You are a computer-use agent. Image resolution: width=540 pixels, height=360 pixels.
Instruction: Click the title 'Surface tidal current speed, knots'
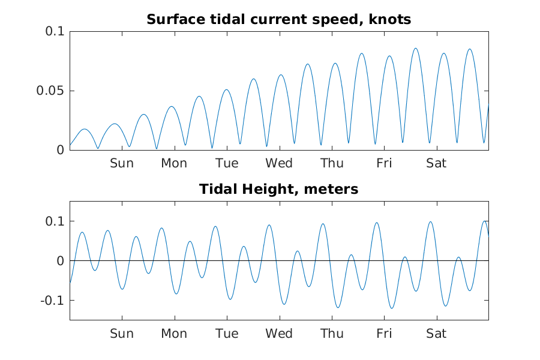(279, 19)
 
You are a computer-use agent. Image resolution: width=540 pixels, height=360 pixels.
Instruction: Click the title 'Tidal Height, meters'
(279, 190)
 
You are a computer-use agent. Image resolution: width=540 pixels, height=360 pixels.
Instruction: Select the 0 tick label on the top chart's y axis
(59, 150)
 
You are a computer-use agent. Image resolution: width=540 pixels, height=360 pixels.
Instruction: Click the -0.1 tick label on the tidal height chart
(52, 300)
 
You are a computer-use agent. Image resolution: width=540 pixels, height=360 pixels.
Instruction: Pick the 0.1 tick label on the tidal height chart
(55, 221)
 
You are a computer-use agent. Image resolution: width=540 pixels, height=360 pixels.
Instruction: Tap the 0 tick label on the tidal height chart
(59, 261)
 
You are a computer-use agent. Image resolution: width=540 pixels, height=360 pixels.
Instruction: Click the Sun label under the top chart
(122, 163)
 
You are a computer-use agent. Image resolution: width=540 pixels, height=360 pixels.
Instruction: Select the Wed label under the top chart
(279, 163)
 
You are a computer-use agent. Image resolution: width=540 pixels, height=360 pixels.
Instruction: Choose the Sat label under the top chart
(436, 163)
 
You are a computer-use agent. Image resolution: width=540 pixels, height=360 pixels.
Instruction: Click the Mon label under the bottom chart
(174, 334)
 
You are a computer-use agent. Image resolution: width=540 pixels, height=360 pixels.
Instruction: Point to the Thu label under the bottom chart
(332, 334)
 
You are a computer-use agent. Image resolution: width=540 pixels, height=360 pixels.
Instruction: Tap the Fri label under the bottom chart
(384, 334)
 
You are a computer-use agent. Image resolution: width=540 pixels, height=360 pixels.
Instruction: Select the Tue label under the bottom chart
(227, 334)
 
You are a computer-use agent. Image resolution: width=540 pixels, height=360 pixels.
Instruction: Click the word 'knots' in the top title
(392, 19)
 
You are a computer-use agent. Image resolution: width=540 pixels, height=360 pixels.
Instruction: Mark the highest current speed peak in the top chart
(415, 49)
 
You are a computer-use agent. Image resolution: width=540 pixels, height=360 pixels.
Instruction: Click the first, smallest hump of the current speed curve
(85, 129)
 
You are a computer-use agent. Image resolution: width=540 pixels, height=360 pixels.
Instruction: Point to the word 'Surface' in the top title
(172, 19)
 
